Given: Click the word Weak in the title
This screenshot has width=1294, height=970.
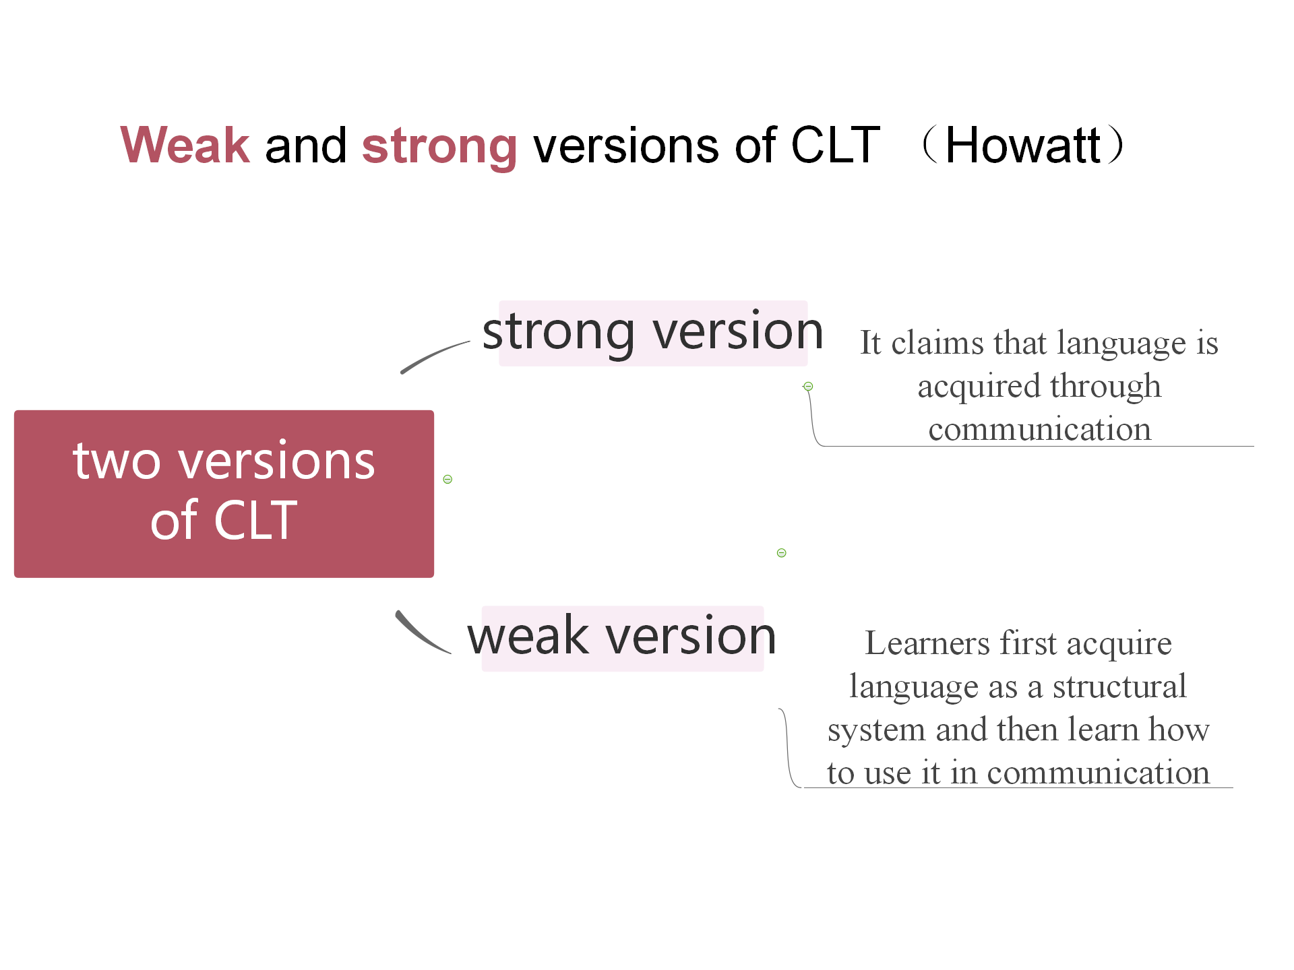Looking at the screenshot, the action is pyautogui.click(x=185, y=145).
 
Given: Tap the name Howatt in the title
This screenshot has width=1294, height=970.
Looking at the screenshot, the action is pyautogui.click(x=1023, y=145).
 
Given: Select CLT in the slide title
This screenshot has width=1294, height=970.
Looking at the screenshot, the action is pyautogui.click(x=835, y=145).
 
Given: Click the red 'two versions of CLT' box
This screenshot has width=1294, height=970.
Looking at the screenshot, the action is pyautogui.click(x=224, y=494).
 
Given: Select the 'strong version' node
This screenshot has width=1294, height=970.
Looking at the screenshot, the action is pyautogui.click(x=653, y=333).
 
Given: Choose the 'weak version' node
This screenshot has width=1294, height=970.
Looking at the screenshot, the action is pyautogui.click(x=622, y=637).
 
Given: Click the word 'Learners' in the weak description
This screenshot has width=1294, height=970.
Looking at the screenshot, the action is pyautogui.click(x=927, y=643).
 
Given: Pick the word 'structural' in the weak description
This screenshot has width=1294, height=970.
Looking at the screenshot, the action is pyautogui.click(x=1119, y=686).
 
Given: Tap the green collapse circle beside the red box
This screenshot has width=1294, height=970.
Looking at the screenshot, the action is pyautogui.click(x=448, y=480).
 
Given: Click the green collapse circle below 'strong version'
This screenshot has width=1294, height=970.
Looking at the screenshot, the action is pyautogui.click(x=808, y=387).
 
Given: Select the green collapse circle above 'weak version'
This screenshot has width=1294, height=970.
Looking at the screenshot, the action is pyautogui.click(x=782, y=553).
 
